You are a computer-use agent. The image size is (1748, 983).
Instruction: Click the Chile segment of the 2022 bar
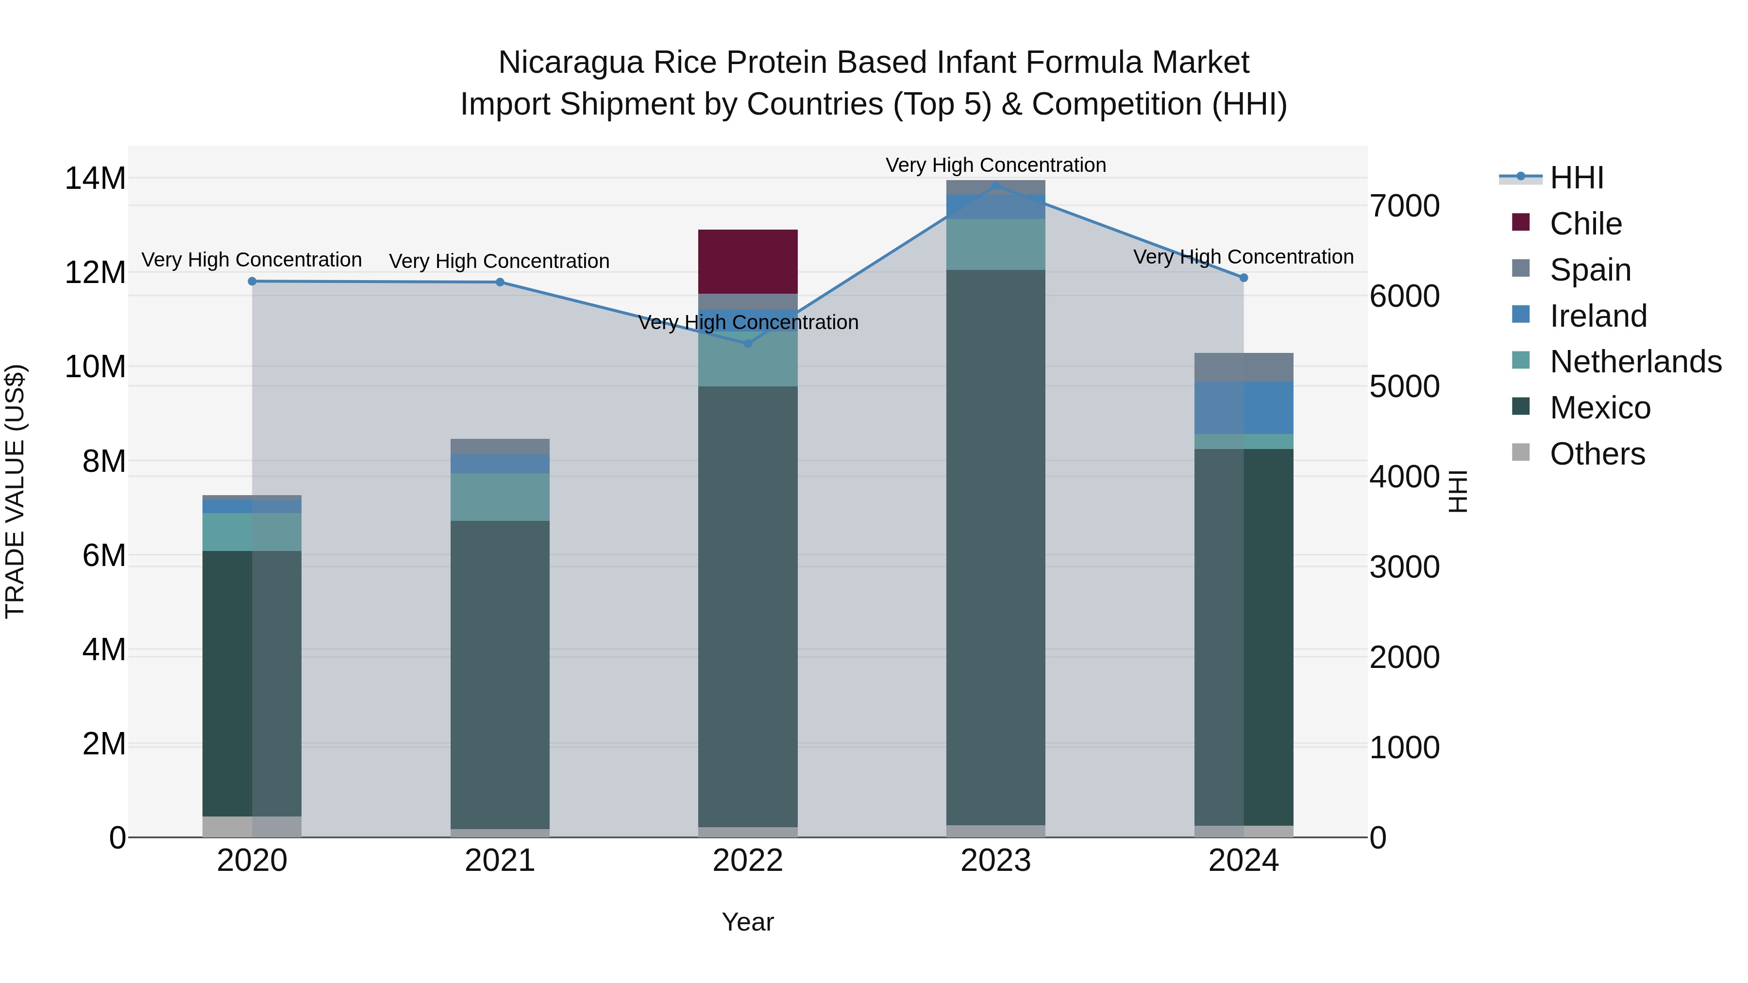click(x=748, y=261)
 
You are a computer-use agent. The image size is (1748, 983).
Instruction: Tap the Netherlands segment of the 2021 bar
click(x=500, y=497)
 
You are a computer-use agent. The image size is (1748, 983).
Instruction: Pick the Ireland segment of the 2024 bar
click(x=1244, y=407)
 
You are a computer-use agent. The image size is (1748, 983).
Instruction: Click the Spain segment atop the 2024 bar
click(x=1244, y=367)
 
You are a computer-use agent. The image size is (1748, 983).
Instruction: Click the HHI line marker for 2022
click(x=748, y=343)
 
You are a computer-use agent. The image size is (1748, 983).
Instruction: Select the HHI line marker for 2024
click(x=1244, y=278)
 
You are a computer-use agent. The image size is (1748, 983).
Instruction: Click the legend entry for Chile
click(x=1585, y=224)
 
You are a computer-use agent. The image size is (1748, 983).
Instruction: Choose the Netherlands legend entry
click(x=1635, y=362)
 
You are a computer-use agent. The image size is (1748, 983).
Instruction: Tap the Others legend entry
click(x=1597, y=454)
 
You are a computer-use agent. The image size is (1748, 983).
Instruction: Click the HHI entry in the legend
click(x=1576, y=178)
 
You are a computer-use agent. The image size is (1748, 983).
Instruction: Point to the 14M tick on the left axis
click(x=95, y=179)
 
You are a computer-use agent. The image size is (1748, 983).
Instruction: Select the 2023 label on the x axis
click(x=995, y=861)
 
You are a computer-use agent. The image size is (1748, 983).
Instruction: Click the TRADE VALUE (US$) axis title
click(x=15, y=491)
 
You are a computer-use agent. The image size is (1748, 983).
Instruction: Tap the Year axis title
click(x=748, y=922)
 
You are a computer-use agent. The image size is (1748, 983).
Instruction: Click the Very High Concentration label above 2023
click(x=995, y=165)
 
